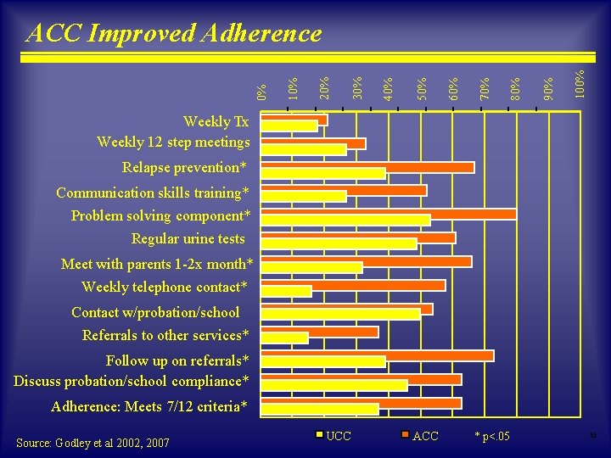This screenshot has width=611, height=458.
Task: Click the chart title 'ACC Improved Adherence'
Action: (x=175, y=33)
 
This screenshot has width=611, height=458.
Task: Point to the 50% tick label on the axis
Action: (x=421, y=86)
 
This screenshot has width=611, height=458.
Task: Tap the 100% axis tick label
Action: (x=580, y=82)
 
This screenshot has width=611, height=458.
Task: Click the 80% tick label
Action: (x=516, y=86)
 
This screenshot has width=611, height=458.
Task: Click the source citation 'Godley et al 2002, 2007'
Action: (x=92, y=443)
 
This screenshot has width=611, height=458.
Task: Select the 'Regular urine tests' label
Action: (x=188, y=238)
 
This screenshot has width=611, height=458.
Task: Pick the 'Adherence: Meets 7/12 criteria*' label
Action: (x=149, y=406)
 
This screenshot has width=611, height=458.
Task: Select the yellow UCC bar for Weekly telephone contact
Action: (x=287, y=291)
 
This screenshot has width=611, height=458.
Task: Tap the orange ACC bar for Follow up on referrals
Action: (x=377, y=355)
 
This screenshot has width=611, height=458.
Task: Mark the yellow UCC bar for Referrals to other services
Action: (x=284, y=338)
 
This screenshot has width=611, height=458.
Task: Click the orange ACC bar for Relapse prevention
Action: (x=367, y=167)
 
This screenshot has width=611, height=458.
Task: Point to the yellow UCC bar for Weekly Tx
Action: (x=289, y=126)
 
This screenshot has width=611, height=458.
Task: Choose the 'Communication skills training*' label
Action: (x=153, y=193)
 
